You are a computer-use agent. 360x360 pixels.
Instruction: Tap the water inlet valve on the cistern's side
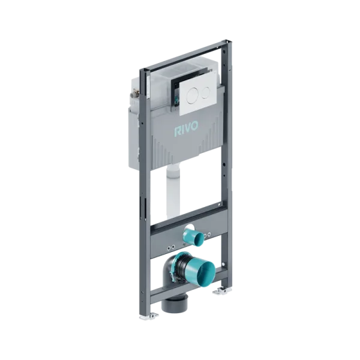click(x=133, y=95)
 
